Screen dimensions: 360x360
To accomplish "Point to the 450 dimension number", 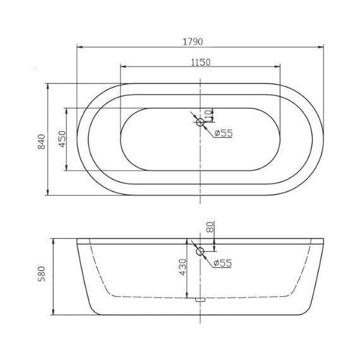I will point(62,140).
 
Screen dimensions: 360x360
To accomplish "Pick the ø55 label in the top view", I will point(224,133).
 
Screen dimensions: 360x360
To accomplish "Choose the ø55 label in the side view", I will point(224,263).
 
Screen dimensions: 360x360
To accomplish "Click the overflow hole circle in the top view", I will point(200,122).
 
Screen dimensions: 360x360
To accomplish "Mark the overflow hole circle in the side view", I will point(200,253).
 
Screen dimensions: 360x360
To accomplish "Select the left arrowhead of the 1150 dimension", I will point(123,67).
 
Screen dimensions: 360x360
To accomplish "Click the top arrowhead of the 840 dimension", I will point(49,86).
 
